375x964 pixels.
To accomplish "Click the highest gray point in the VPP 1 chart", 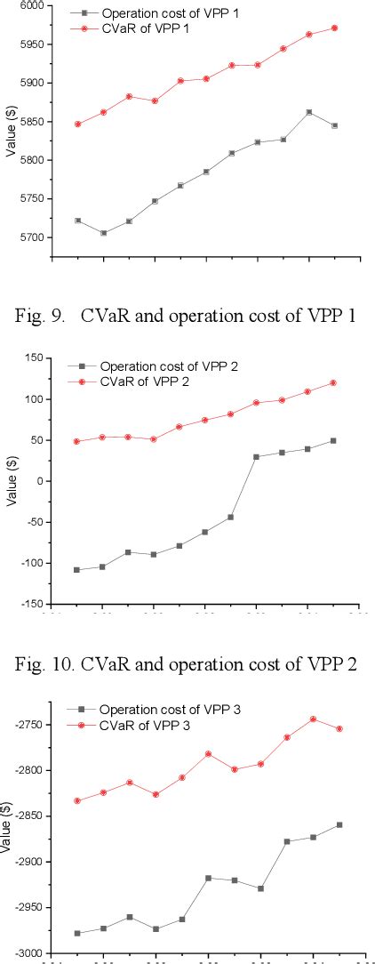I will point(309,112).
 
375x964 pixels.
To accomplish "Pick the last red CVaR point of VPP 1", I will point(335,28).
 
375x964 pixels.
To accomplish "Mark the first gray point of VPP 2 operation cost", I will point(76,569).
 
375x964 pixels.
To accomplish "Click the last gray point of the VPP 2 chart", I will point(333,440).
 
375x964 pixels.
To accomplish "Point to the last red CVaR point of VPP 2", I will point(333,382).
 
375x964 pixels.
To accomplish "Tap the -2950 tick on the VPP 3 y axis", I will point(34,908).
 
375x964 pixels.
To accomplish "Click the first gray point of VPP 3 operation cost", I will point(77,933).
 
